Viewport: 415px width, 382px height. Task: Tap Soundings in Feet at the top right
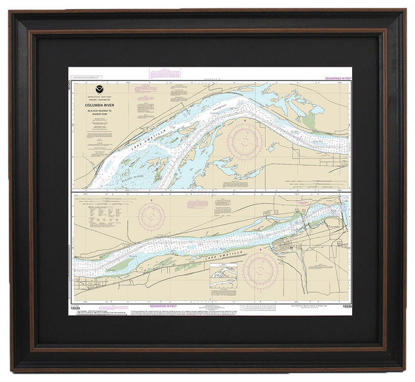[332, 78]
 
